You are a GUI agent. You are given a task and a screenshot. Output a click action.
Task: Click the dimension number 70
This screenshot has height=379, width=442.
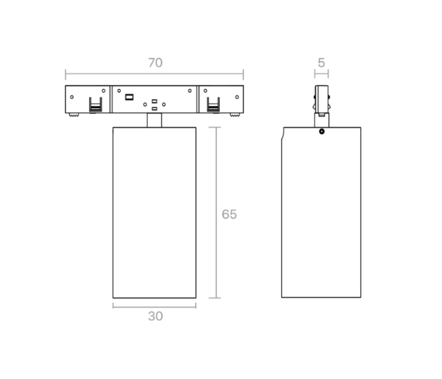pyautogui.click(x=155, y=62)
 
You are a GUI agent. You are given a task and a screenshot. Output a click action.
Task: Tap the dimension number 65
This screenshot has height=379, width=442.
pyautogui.click(x=229, y=215)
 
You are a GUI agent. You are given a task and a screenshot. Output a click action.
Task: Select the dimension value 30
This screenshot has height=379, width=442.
pyautogui.click(x=155, y=316)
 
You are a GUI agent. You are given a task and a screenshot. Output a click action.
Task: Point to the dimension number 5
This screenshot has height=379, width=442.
pyautogui.click(x=321, y=62)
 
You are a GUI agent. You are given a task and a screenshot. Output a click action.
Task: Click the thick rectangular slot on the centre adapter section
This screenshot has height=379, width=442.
pyautogui.click(x=129, y=98)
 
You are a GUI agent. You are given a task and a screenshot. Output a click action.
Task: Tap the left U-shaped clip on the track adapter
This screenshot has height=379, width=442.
pyautogui.click(x=95, y=105)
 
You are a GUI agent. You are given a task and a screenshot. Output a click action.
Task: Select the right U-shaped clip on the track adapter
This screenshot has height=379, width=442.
pyautogui.click(x=213, y=105)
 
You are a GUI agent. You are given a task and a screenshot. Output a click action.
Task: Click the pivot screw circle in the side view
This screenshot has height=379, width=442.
pyautogui.click(x=321, y=131)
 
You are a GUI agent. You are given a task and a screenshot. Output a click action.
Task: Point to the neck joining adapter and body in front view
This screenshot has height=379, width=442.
pyautogui.click(x=154, y=120)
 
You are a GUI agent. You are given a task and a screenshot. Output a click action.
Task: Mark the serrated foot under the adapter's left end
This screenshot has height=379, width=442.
pyautogui.click(x=74, y=115)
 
